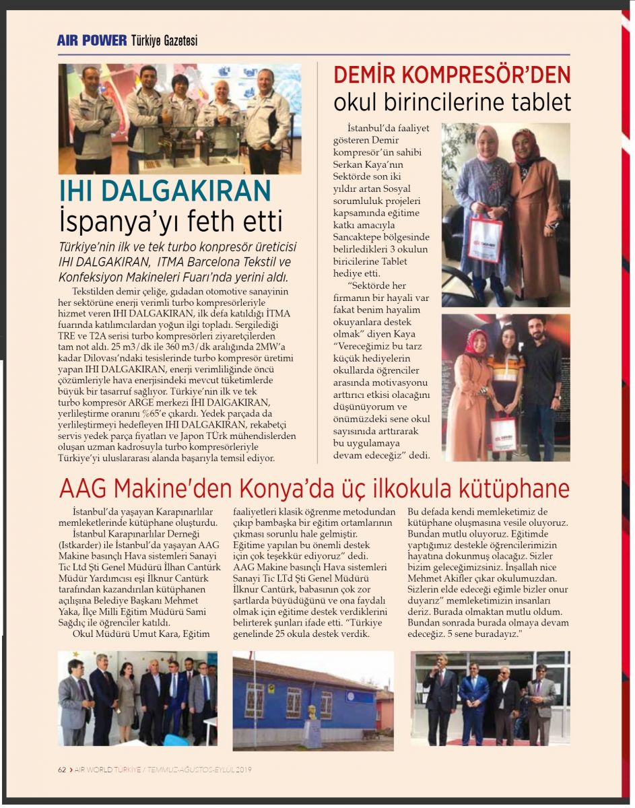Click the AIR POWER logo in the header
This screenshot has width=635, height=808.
click(92, 40)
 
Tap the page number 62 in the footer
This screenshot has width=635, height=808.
click(61, 769)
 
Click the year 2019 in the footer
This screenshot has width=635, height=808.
click(243, 769)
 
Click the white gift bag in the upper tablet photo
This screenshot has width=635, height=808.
click(485, 239)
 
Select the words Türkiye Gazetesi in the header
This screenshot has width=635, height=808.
click(164, 41)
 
